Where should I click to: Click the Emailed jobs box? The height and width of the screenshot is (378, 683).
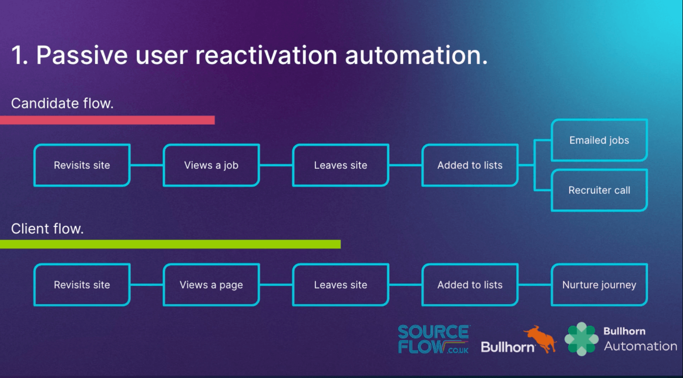pos(599,140)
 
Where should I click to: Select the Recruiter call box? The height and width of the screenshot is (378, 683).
pos(599,190)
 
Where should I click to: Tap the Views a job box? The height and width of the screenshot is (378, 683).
pos(211,165)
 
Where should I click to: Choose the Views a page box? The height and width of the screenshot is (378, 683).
pos(211,285)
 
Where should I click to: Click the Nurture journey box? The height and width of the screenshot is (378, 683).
pos(599,285)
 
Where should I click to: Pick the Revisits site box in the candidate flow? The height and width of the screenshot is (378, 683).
pos(82,165)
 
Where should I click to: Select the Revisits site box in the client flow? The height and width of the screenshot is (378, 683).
pos(82,285)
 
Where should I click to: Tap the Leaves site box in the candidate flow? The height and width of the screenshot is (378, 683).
pos(341,165)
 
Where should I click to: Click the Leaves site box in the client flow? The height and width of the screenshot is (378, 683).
pos(341,285)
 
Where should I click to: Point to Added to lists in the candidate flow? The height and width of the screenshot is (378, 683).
pos(470,165)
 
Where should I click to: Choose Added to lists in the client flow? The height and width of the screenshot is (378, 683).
pos(470,285)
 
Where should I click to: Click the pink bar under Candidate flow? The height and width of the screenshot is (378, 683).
pos(107,120)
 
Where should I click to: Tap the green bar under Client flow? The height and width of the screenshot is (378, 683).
pos(170,244)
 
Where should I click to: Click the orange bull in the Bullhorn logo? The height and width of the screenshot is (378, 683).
pos(540,339)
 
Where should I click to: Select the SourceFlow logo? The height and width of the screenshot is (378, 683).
pos(434,339)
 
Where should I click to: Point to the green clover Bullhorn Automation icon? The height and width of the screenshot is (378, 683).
pos(581,339)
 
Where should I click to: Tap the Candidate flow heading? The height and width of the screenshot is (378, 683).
pos(62,103)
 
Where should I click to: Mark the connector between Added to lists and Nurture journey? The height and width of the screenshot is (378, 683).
pos(535,285)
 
